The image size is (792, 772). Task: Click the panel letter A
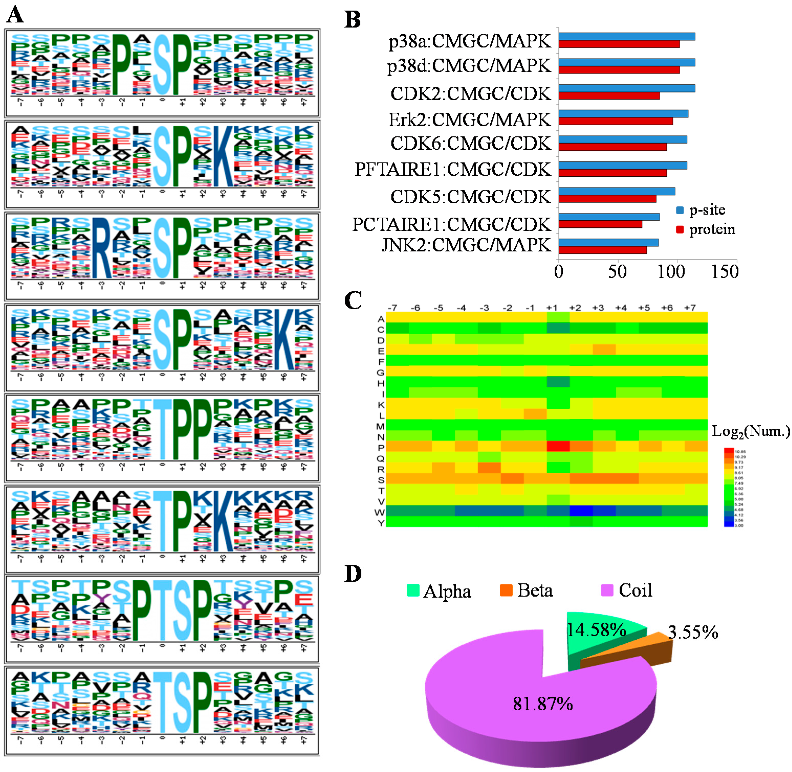click(x=15, y=15)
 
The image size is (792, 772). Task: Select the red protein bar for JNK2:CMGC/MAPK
click(x=602, y=250)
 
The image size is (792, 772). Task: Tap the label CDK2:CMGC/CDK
click(x=470, y=94)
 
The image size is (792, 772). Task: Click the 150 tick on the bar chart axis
click(x=725, y=272)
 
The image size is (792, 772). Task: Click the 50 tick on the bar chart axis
click(x=617, y=272)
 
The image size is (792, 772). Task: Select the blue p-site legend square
click(x=680, y=210)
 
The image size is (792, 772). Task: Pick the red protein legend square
click(x=680, y=229)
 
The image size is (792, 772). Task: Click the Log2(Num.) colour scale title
click(x=750, y=432)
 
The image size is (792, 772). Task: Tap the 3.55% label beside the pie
click(x=693, y=633)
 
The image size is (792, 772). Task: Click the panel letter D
click(x=353, y=574)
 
